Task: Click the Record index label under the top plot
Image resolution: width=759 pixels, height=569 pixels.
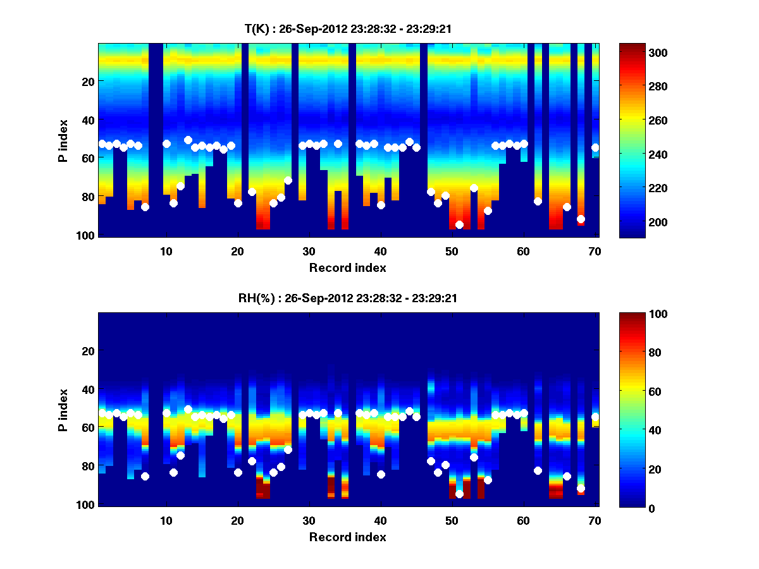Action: (347, 267)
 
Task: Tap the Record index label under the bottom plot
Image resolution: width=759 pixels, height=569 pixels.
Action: (347, 537)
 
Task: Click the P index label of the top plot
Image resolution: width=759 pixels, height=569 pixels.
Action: (63, 140)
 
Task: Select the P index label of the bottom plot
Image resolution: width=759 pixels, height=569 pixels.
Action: (63, 410)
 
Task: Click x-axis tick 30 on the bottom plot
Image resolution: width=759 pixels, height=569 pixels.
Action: (309, 521)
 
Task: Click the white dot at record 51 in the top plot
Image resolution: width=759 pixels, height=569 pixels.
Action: (459, 224)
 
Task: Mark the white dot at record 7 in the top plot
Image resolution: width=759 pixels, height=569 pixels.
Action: (145, 207)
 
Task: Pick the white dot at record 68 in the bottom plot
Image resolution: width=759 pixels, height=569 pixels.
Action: (581, 488)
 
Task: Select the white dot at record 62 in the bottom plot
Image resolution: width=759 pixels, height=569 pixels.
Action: (538, 470)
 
